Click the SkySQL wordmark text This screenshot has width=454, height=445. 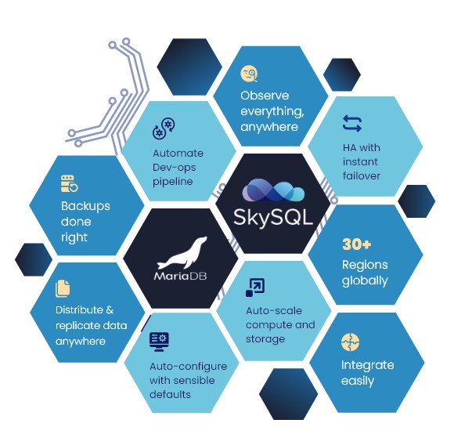(x=273, y=218)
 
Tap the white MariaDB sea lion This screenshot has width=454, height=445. (x=182, y=254)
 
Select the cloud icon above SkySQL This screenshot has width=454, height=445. (x=273, y=190)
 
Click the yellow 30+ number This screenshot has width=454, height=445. (x=356, y=244)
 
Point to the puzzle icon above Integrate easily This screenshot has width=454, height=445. (x=350, y=342)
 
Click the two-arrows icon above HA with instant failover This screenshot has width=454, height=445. (x=352, y=124)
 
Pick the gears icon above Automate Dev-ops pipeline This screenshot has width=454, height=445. (x=164, y=128)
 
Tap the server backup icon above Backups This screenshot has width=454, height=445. (x=70, y=183)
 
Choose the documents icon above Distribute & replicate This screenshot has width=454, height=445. (x=63, y=288)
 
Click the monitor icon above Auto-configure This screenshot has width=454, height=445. (x=159, y=342)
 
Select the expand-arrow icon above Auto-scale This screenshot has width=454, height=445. (x=255, y=288)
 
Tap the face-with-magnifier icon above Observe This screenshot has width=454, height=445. (x=249, y=74)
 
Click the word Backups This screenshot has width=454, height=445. (x=85, y=207)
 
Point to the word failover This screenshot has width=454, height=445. (x=362, y=175)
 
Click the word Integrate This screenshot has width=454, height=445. (x=367, y=365)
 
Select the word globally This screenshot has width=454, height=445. (x=365, y=280)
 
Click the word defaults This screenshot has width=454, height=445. (x=170, y=394)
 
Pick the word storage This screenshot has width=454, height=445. (x=265, y=339)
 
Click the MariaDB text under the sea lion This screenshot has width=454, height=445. (x=181, y=276)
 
